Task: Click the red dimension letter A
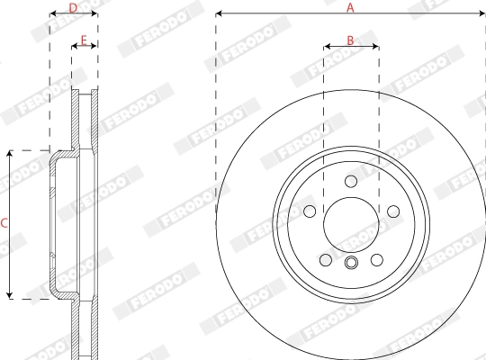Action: coord(351,7)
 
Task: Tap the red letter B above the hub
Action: coord(351,40)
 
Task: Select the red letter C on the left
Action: coord(4,223)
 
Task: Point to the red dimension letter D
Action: coord(74,7)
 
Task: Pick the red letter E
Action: coord(84,40)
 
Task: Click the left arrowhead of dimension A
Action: coord(220,14)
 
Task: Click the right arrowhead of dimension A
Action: coord(481,14)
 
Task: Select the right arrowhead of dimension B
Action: coord(375,48)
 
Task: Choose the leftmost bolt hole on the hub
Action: coord(309,211)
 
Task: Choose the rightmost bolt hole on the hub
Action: coord(393,211)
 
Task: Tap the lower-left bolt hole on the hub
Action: coord(325,260)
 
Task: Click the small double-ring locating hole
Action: coord(351,263)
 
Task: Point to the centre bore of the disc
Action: coord(351,223)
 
